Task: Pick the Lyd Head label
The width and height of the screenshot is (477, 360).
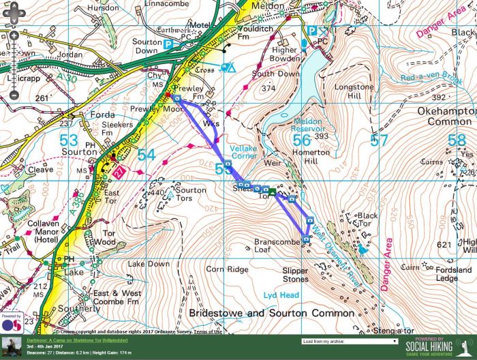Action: pos(279,295)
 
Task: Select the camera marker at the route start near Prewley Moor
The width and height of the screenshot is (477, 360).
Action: pos(177,99)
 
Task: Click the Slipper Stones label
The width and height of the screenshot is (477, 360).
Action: pos(295,275)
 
